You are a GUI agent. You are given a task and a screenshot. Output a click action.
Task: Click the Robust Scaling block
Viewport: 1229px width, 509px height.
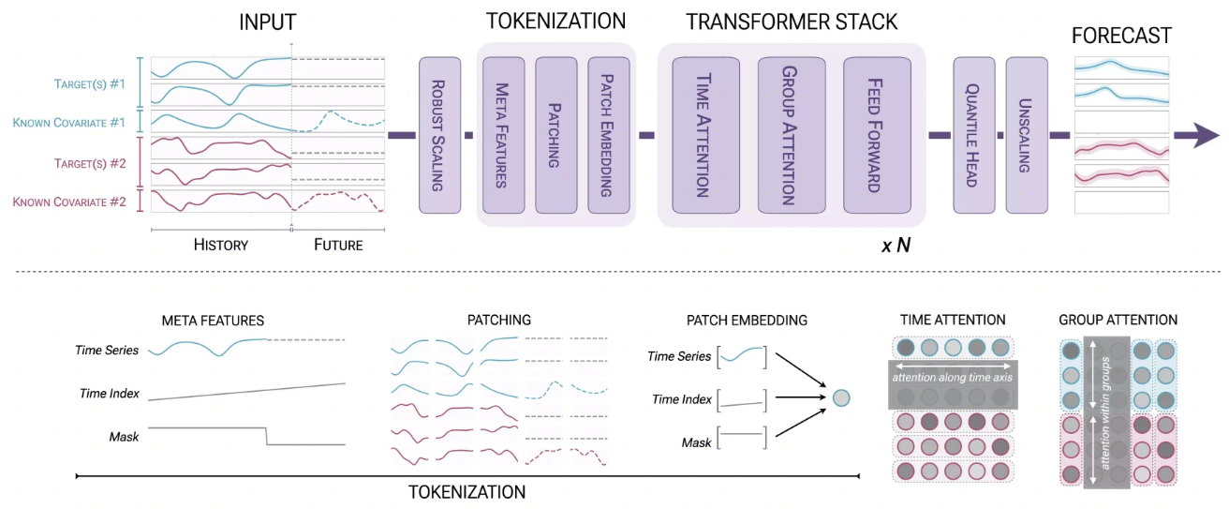439,135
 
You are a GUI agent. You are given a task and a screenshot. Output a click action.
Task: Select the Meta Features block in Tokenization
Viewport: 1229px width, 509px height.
503,135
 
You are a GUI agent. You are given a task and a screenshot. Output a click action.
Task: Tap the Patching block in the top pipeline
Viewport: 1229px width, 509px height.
555,135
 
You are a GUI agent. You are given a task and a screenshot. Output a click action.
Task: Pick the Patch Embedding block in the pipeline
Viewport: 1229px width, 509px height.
609,135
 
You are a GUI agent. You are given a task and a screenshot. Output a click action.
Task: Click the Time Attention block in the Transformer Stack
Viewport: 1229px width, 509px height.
705,135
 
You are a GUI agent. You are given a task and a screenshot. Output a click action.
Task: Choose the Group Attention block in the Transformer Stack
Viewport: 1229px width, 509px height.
792,135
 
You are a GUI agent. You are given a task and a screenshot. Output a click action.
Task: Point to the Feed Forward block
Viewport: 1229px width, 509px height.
877,135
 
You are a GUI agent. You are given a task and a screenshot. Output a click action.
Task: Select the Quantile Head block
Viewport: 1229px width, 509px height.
974,135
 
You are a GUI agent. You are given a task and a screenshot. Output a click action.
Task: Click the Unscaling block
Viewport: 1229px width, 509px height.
1027,135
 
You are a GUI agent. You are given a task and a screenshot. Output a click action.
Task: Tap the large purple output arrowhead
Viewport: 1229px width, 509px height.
1206,135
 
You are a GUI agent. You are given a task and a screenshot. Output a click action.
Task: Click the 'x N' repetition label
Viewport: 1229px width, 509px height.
896,245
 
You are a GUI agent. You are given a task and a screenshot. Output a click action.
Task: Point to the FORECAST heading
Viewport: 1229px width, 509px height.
1121,36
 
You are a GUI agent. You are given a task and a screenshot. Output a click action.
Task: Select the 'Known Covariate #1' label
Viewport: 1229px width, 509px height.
69,123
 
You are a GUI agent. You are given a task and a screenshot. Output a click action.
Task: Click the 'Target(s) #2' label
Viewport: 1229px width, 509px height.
90,164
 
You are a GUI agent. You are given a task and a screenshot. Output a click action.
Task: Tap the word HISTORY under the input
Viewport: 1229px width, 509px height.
220,245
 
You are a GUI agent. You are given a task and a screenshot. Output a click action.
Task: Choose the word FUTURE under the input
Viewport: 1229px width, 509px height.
338,245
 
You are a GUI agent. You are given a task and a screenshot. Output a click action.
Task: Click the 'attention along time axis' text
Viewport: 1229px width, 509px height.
953,377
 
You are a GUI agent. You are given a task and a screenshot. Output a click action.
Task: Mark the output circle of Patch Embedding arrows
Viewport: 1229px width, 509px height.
841,397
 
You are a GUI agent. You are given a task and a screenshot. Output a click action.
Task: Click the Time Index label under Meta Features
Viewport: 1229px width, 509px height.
110,393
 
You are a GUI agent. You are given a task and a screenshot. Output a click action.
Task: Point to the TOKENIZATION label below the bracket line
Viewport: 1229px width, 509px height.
466,492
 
